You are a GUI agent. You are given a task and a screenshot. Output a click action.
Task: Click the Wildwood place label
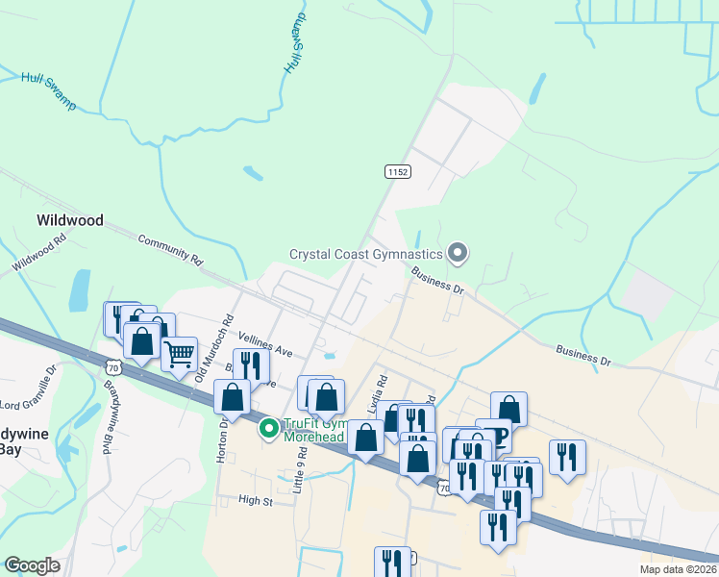coord(69,220)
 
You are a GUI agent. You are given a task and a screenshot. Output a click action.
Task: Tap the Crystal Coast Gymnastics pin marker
coord(458,253)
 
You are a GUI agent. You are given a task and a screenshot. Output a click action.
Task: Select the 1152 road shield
coord(397,171)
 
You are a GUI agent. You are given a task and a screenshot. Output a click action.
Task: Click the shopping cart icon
coord(179,354)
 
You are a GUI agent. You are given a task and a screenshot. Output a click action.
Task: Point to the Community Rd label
coord(171,249)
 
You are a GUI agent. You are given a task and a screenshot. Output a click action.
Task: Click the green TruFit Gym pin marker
coord(270,427)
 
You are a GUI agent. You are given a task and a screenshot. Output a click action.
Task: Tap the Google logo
coord(32,565)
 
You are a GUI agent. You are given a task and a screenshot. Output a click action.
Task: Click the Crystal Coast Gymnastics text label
coord(366,254)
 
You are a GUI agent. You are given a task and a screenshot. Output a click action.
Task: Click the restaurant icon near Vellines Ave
coord(250,365)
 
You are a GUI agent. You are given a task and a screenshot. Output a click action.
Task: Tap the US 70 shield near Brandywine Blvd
coord(113,367)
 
